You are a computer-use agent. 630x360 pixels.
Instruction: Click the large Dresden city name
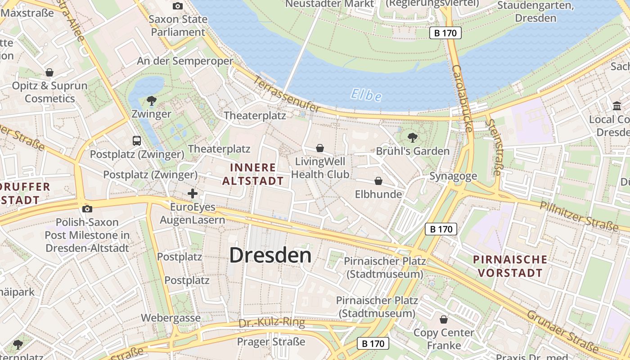(x=270, y=255)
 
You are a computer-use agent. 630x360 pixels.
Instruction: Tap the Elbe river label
(x=366, y=95)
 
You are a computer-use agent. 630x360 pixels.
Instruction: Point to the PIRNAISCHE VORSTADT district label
(x=510, y=266)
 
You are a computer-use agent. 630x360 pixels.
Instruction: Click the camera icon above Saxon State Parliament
(x=178, y=6)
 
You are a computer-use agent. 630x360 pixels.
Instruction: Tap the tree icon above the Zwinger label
(x=152, y=100)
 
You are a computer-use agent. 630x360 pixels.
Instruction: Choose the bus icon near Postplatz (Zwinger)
(x=137, y=141)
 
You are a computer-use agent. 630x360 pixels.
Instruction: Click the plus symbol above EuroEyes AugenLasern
(x=193, y=194)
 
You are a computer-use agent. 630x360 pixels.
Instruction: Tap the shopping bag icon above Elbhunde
(x=378, y=181)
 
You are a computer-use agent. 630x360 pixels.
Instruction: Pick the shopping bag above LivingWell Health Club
(x=320, y=148)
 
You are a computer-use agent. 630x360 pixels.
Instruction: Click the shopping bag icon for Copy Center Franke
(x=444, y=319)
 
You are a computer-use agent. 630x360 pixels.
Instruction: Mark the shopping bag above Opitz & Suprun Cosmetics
(x=49, y=72)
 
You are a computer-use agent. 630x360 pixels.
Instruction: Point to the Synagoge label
(x=453, y=176)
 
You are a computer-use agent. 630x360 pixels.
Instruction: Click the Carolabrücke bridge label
(x=463, y=99)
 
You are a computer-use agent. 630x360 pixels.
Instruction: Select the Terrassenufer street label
(x=287, y=94)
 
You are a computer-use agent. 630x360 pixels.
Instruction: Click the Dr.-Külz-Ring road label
(x=272, y=323)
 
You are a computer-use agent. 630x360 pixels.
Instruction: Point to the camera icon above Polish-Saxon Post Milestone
(x=88, y=209)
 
